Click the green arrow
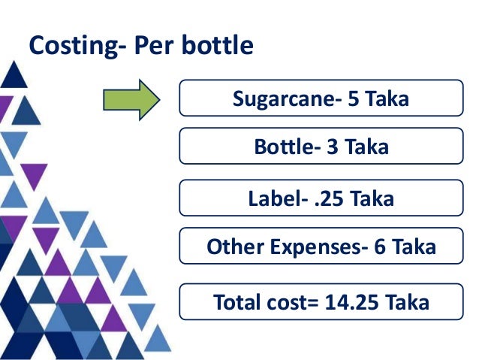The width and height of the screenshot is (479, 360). click(132, 99)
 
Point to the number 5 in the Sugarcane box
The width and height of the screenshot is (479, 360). click(353, 99)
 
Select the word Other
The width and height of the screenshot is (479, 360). click(230, 247)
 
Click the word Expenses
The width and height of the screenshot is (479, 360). click(308, 247)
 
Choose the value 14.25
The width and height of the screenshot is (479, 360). click(351, 302)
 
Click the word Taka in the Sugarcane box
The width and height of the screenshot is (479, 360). click(388, 99)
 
